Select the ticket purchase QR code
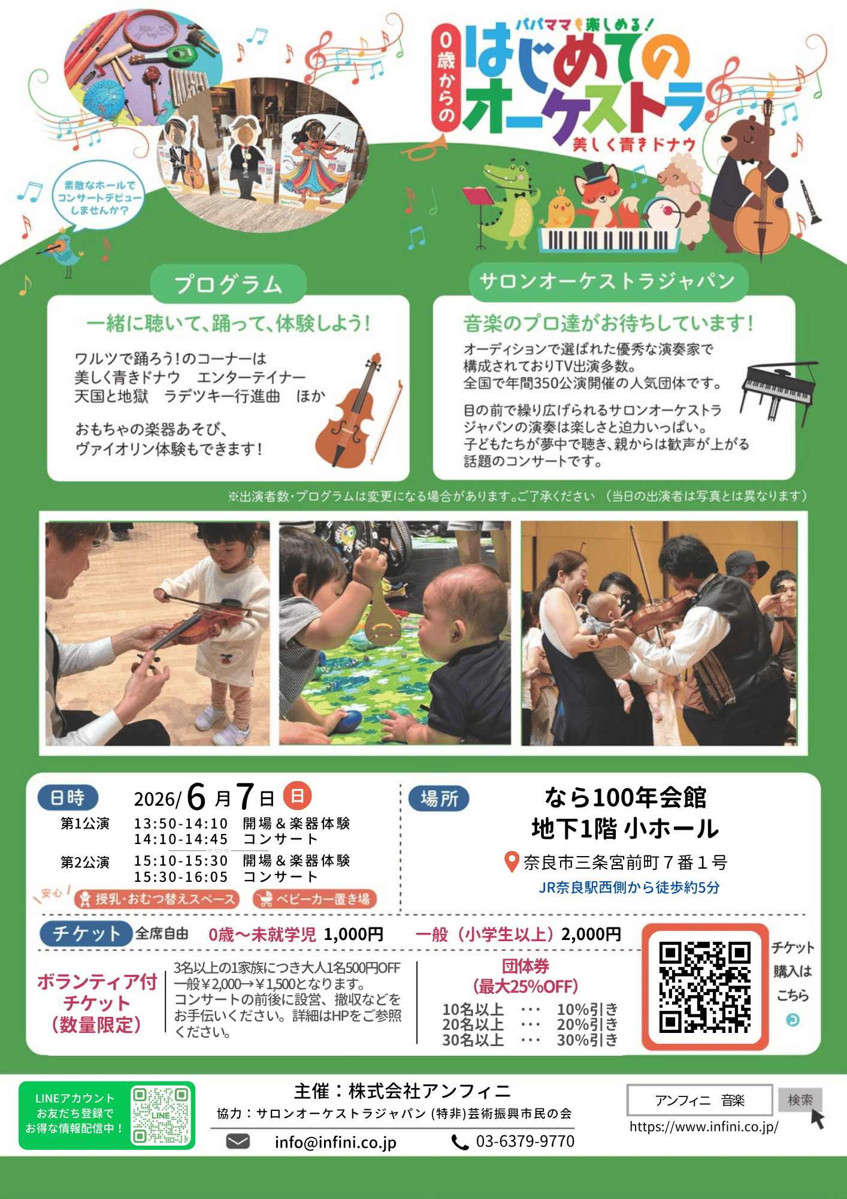tap(704, 987)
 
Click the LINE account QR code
tap(161, 1116)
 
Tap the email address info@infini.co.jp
tap(335, 1142)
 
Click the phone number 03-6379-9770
tap(525, 1141)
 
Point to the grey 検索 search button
tap(800, 1100)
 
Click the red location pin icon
tap(512, 862)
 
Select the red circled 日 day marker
tap(297, 796)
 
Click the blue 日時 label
tap(68, 798)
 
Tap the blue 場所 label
tap(439, 799)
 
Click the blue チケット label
tap(86, 934)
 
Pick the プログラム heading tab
tap(228, 284)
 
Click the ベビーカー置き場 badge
tap(315, 899)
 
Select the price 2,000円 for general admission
tap(591, 934)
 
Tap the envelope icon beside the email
tap(238, 1141)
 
